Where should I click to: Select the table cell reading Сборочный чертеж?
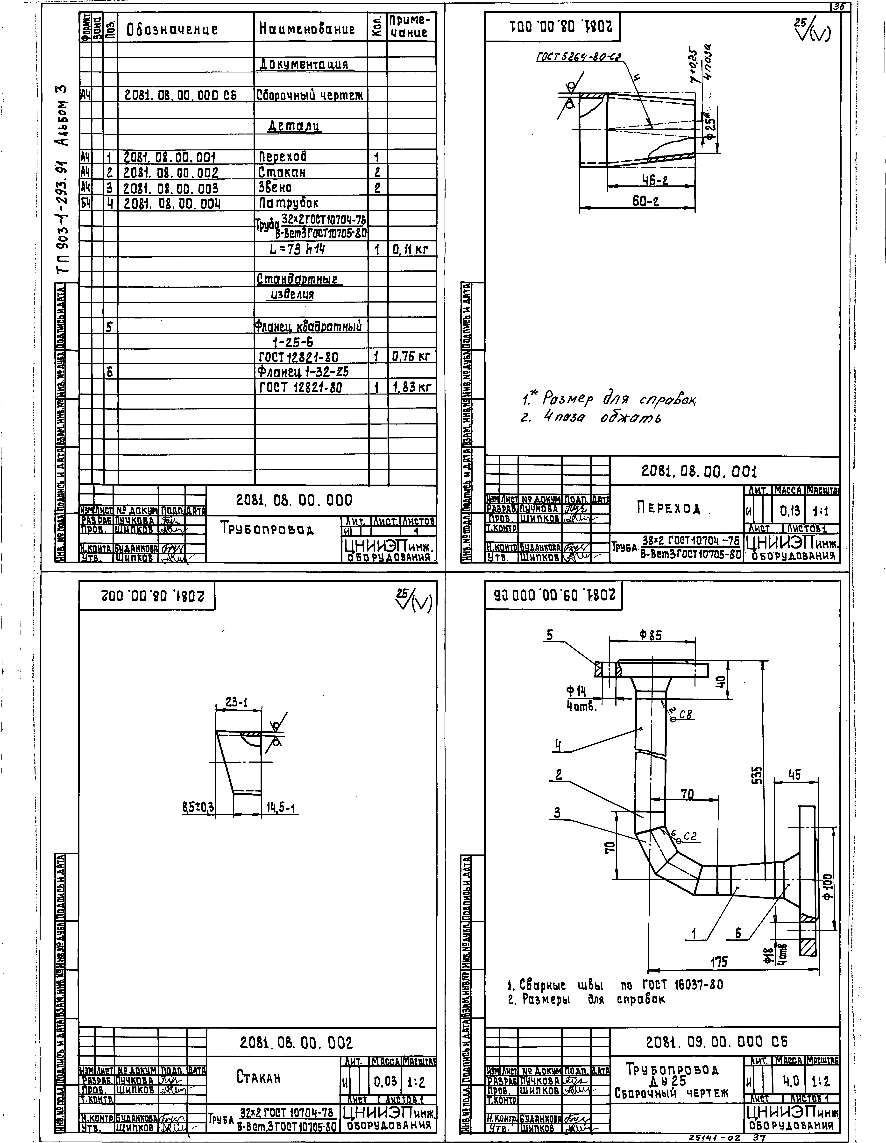pos(310,95)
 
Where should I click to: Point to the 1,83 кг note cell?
pos(411,387)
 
